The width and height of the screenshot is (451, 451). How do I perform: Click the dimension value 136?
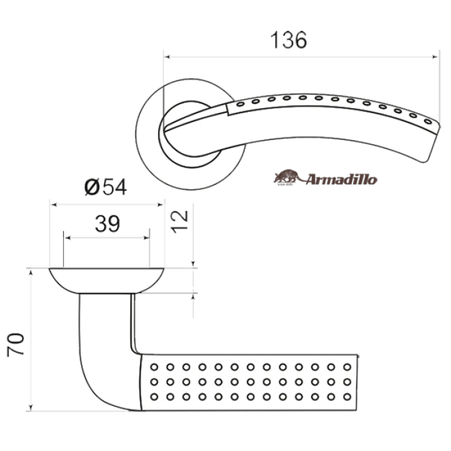point(289,40)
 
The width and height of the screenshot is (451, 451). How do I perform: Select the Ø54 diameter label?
point(106,187)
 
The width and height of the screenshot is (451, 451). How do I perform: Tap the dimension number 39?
point(108,224)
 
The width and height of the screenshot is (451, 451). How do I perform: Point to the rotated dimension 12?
point(180,221)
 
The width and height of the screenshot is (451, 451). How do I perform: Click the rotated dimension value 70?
point(15,345)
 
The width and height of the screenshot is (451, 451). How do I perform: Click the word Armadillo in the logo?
point(341,180)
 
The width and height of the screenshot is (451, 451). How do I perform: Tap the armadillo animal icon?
point(286,177)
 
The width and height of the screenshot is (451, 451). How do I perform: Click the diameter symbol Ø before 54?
point(92,187)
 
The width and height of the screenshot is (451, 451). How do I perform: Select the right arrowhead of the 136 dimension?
point(435,57)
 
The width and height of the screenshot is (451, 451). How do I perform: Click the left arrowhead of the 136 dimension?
point(167,57)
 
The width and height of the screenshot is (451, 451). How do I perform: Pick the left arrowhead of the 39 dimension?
point(67,238)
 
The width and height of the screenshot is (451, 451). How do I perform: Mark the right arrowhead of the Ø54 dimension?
point(160,204)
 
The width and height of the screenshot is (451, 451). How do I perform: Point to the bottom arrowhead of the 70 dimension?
point(31,408)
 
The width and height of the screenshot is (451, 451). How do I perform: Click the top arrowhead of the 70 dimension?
point(31,273)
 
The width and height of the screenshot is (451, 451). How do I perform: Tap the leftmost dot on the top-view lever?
point(240,104)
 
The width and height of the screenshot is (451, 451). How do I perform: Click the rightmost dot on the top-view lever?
point(428,121)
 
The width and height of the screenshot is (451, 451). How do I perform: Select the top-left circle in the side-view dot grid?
point(154,367)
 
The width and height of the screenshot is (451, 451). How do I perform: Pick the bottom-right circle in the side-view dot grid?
point(347,397)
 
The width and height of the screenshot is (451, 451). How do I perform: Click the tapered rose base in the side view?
point(106,281)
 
